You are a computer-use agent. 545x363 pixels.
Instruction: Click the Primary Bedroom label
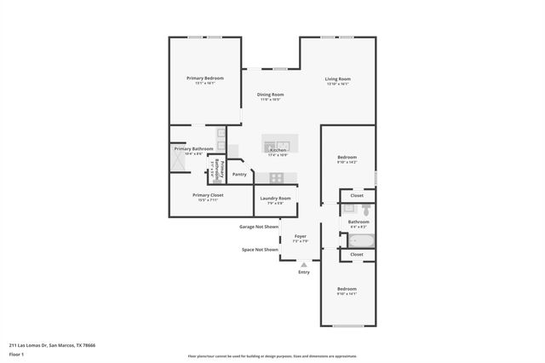click(x=204, y=78)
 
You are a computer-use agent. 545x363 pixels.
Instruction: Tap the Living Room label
click(x=338, y=79)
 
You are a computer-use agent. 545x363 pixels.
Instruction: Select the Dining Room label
click(x=271, y=95)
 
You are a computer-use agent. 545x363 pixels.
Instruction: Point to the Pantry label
click(x=239, y=174)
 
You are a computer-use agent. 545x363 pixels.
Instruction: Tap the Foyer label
click(x=300, y=235)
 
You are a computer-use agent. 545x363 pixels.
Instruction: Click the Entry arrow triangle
click(x=304, y=265)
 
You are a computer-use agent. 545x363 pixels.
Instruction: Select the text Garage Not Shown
click(x=259, y=227)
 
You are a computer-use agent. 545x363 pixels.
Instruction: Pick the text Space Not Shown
click(x=260, y=250)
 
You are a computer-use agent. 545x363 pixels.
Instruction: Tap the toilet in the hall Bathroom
click(x=363, y=209)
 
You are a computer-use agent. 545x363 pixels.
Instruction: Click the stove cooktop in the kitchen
click(x=276, y=177)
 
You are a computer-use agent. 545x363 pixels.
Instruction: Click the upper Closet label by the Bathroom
click(x=357, y=196)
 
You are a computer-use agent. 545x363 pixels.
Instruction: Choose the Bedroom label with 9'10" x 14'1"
click(x=347, y=289)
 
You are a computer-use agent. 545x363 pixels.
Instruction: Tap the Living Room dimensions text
click(x=338, y=84)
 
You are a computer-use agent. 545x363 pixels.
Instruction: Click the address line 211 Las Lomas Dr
click(x=52, y=345)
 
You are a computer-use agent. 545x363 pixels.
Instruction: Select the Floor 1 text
click(x=17, y=354)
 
